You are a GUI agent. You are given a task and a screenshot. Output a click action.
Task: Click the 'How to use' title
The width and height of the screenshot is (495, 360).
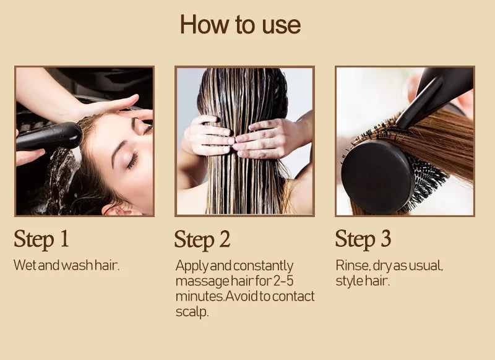pos(240,25)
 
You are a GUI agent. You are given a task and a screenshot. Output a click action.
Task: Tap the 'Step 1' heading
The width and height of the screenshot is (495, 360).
pos(41,239)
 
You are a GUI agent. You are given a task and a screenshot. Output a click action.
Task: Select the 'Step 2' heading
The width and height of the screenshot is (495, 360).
pos(202,240)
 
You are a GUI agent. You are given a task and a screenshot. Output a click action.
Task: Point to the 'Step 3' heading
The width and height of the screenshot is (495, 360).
pos(363,239)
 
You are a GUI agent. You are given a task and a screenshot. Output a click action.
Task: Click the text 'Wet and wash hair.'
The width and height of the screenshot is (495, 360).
pos(66,265)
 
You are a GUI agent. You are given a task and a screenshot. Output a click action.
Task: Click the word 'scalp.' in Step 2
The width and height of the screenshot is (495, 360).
pos(192,312)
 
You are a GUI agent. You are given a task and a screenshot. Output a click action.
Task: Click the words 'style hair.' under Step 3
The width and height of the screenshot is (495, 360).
pos(363,281)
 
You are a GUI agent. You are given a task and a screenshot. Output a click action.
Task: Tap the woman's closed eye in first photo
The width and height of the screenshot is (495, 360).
pos(132,161)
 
